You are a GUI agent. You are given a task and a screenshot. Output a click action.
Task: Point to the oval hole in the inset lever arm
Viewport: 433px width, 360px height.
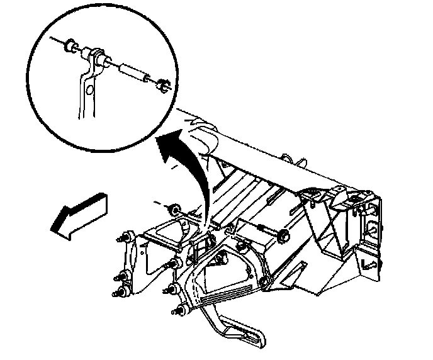91,92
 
